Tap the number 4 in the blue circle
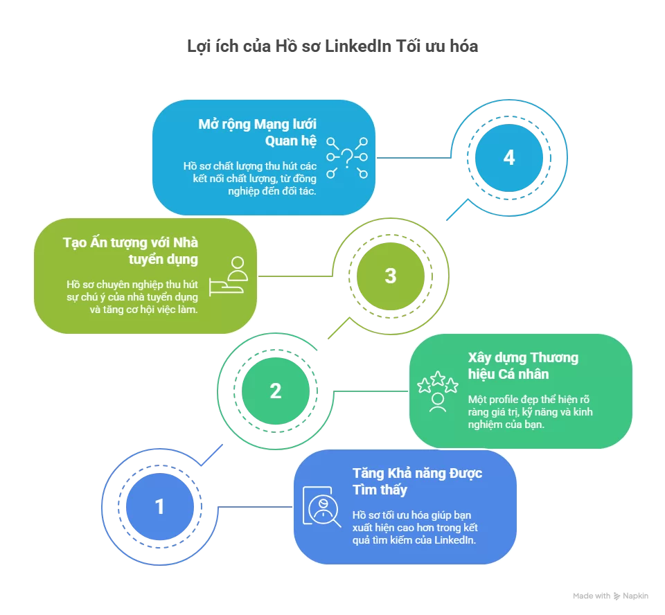coord(509,158)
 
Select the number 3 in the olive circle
coord(391,276)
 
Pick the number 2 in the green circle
coord(276,391)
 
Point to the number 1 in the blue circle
coord(160,507)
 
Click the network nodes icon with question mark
coord(347,157)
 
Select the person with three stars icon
coord(437,391)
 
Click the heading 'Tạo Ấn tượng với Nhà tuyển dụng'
coord(130,251)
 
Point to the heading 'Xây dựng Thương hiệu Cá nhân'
coord(523,366)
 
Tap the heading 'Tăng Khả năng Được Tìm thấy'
coord(417,481)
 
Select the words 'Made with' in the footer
coord(592,596)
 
